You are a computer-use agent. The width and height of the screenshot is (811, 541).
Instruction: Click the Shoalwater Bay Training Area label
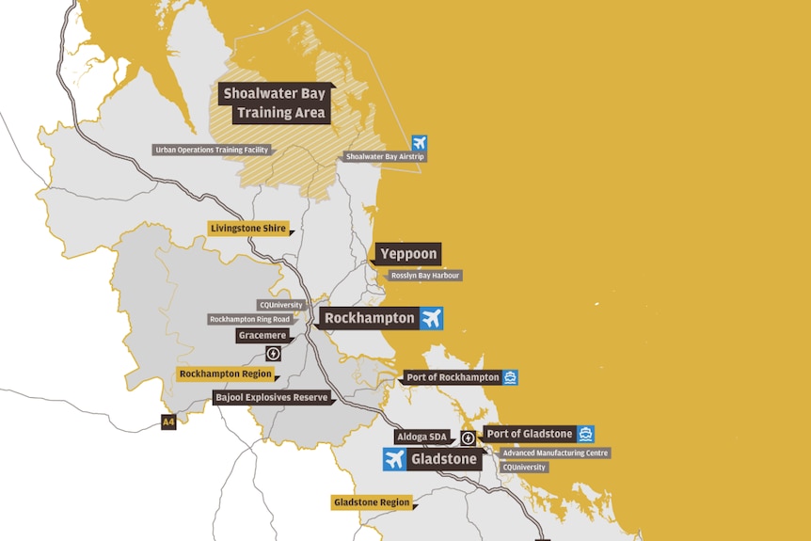[273, 103]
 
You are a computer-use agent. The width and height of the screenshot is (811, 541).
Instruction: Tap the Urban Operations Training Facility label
[212, 150]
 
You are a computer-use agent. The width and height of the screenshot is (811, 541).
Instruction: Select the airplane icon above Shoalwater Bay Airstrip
[419, 143]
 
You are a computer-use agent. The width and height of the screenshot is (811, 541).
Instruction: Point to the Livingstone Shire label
[247, 228]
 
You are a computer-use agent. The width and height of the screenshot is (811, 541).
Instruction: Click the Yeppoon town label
[409, 254]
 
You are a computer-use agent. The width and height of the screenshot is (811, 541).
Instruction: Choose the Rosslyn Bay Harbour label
[425, 276]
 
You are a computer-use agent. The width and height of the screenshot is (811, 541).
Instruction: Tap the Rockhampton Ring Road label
[249, 319]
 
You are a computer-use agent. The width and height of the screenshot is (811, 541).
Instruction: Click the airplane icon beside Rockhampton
[432, 318]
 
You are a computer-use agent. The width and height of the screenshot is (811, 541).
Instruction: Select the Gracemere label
[262, 335]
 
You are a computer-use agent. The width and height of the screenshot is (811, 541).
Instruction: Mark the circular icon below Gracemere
[273, 354]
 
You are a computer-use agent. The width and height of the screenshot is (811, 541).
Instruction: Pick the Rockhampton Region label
[226, 374]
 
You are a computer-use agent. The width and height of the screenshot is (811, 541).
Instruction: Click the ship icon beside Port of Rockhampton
[510, 377]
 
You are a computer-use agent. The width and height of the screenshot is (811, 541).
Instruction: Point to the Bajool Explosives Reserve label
[272, 397]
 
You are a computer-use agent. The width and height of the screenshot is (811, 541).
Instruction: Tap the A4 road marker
[168, 422]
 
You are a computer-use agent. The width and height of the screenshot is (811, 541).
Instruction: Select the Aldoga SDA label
[422, 438]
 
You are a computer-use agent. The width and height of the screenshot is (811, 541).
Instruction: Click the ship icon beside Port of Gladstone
[585, 434]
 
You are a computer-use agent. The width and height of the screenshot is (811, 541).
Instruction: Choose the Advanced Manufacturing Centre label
[554, 453]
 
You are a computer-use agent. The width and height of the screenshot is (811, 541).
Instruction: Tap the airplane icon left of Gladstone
[394, 459]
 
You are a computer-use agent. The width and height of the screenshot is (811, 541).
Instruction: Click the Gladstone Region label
[373, 502]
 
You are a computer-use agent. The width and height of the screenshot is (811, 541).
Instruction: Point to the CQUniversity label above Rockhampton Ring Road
[280, 305]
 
